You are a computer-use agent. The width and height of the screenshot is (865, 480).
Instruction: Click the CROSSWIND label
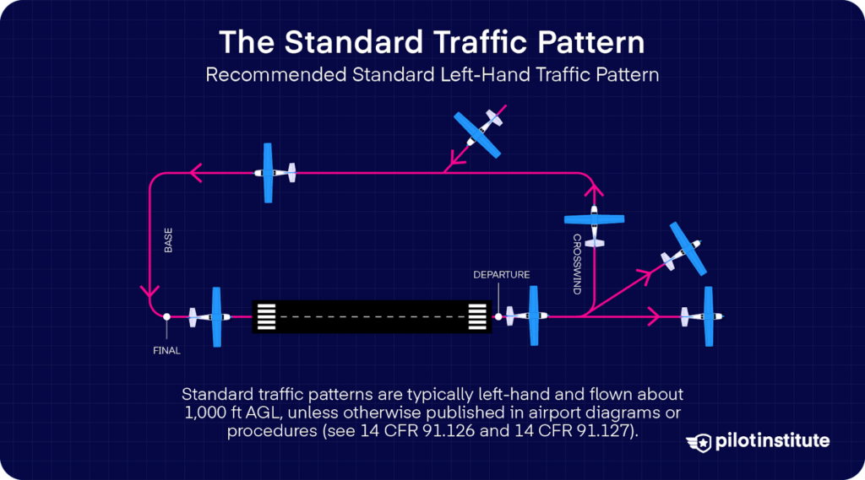click(x=577, y=264)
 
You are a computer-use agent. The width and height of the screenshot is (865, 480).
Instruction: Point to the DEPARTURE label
click(x=501, y=275)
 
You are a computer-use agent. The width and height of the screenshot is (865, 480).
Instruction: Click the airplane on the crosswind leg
click(x=595, y=222)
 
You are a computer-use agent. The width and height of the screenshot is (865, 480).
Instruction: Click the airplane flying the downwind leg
click(x=272, y=173)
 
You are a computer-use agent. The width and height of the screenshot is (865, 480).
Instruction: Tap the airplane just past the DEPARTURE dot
click(x=529, y=316)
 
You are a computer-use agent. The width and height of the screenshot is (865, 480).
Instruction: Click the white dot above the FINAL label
click(x=167, y=316)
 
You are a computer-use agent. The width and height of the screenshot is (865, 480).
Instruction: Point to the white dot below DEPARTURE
click(x=498, y=317)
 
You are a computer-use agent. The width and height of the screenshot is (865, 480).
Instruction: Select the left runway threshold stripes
click(x=266, y=316)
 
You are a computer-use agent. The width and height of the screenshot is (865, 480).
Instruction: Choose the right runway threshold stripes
click(x=478, y=316)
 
